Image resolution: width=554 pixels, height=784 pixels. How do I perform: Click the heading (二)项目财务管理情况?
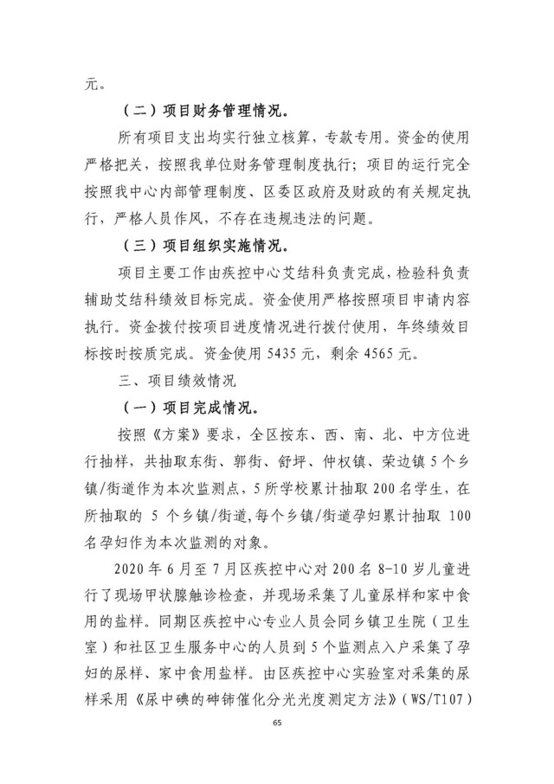click(207, 111)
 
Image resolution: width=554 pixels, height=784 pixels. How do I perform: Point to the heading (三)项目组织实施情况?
click(207, 246)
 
